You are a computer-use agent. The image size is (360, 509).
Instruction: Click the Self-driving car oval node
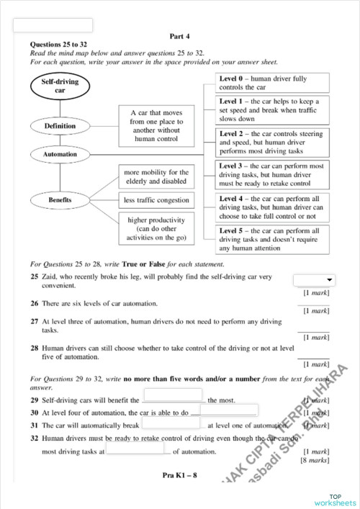(60, 88)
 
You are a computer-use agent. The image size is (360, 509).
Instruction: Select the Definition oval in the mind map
(60, 126)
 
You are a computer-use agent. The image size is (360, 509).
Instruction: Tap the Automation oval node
(60, 154)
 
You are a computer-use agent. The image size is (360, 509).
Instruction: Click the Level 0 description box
(272, 82)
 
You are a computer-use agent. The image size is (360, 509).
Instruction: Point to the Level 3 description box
(272, 175)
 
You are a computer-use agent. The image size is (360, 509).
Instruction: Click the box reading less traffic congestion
(156, 200)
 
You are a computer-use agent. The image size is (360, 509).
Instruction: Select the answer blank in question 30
(220, 413)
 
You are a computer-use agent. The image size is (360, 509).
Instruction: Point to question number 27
(34, 322)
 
